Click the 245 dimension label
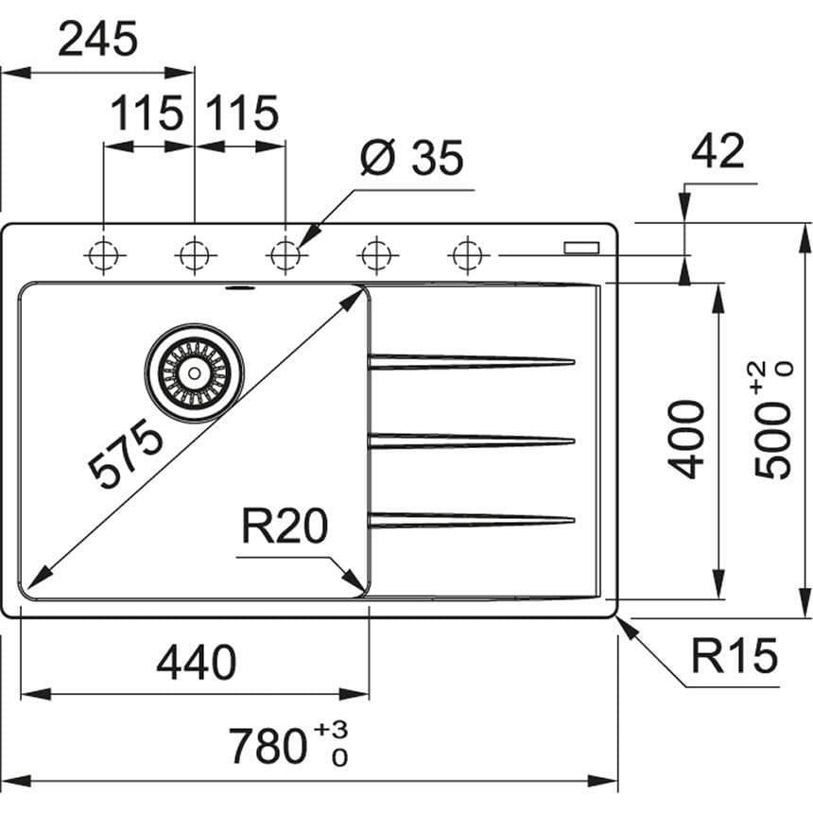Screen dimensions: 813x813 click(97, 41)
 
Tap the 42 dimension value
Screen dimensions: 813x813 click(718, 151)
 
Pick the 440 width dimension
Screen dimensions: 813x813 click(196, 663)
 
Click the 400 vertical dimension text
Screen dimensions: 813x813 click(685, 439)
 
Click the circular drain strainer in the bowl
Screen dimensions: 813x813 click(194, 372)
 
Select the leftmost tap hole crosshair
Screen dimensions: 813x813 click(103, 254)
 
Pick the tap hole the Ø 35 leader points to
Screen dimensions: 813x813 click(285, 254)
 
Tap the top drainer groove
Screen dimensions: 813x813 click(471, 362)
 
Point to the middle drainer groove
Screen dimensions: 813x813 click(471, 441)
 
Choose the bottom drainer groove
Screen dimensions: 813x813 click(471, 520)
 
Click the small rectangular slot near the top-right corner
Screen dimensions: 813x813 click(581, 247)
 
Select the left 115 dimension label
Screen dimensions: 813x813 click(147, 113)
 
